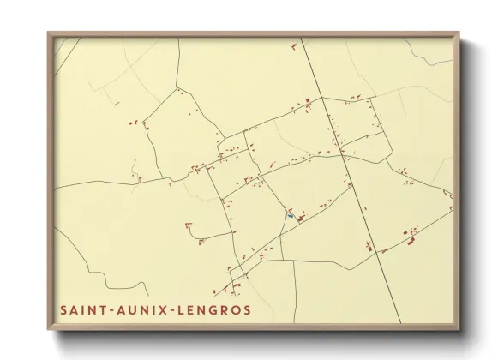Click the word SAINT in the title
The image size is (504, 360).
(x=81, y=309)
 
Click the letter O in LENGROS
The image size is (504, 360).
(x=233, y=309)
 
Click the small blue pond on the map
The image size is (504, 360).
(x=291, y=215)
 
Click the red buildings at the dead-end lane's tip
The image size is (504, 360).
(x=187, y=226)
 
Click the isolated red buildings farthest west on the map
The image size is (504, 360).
(x=133, y=123)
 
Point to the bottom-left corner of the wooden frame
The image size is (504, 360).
(x=49, y=329)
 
